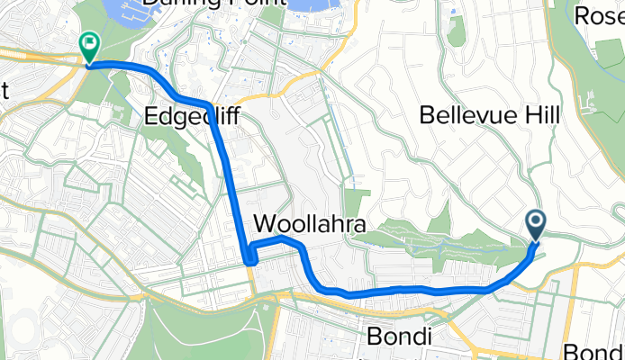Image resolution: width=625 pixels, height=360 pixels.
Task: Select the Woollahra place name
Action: coord(308,223)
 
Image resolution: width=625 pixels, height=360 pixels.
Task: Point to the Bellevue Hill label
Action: coord(489,114)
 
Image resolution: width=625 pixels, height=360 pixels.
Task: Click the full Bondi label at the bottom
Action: coord(400,337)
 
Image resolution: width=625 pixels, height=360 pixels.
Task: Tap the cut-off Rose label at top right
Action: coord(599,15)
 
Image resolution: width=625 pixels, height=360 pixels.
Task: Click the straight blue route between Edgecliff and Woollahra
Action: coord(231,180)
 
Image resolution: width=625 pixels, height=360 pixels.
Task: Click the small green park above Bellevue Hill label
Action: coord(457,31)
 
